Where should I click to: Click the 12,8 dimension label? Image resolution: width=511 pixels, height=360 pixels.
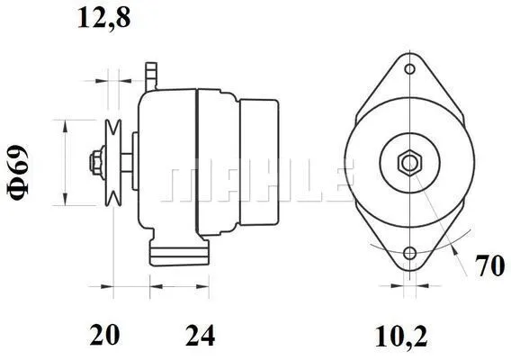tap(105, 19)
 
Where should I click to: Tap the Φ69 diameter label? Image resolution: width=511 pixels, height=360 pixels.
tap(24, 163)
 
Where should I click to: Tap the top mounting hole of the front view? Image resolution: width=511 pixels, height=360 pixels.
tap(409, 69)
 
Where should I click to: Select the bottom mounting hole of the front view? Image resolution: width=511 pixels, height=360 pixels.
tap(409, 254)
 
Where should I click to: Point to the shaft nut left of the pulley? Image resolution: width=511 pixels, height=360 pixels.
tap(94, 163)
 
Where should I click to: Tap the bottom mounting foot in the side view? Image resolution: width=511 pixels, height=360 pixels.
tap(175, 252)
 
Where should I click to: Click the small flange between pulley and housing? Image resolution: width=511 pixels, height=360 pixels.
tap(133, 163)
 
